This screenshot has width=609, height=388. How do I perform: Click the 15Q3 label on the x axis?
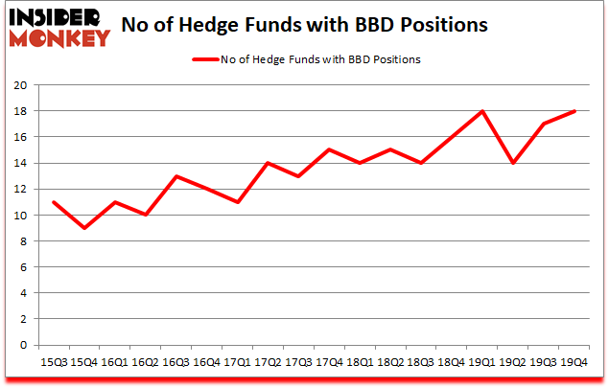[x=53, y=362]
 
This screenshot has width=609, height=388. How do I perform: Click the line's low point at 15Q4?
[x=84, y=228]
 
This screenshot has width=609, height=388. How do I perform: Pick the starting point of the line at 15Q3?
[x=53, y=202]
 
